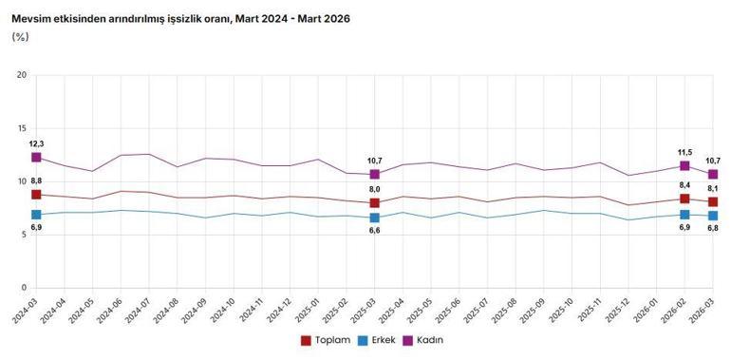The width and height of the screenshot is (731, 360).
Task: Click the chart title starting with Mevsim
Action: click(180, 18)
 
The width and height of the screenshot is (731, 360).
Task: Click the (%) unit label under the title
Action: click(20, 36)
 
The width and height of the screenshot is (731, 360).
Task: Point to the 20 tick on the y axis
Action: click(23, 75)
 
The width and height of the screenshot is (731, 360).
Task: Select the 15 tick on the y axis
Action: click(23, 128)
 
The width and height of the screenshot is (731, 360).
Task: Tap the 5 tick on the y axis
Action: click(26, 235)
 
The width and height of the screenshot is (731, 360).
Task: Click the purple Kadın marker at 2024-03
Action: click(36, 158)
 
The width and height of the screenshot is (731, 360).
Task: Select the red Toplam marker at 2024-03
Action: click(36, 195)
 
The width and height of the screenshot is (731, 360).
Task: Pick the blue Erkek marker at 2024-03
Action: click(36, 215)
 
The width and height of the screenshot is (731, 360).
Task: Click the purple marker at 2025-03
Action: click(375, 175)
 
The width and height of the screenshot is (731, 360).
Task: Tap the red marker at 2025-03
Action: click(375, 203)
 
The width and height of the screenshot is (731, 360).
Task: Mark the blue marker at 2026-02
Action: click(684, 215)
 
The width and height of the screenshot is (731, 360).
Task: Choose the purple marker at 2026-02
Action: click(684, 166)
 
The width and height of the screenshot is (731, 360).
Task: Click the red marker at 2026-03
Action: click(713, 202)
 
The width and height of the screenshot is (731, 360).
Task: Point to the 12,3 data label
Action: click(36, 142)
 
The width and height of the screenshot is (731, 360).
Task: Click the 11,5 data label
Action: click(684, 151)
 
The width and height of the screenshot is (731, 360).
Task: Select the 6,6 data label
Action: click(375, 231)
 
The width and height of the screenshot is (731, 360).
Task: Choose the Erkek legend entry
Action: click(378, 340)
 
